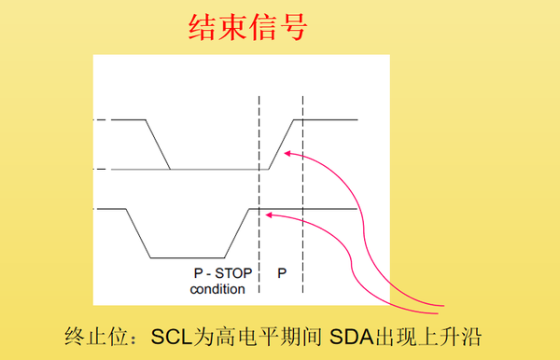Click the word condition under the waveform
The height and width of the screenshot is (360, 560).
[217, 289]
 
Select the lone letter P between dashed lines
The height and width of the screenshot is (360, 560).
[282, 274]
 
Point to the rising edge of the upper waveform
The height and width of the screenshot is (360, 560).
[283, 144]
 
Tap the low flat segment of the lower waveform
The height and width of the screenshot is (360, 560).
[187, 257]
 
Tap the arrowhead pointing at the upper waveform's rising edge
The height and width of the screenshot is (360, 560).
[290, 155]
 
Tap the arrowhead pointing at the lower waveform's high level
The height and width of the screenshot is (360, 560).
[269, 215]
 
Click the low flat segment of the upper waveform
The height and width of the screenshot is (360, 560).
[215, 169]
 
